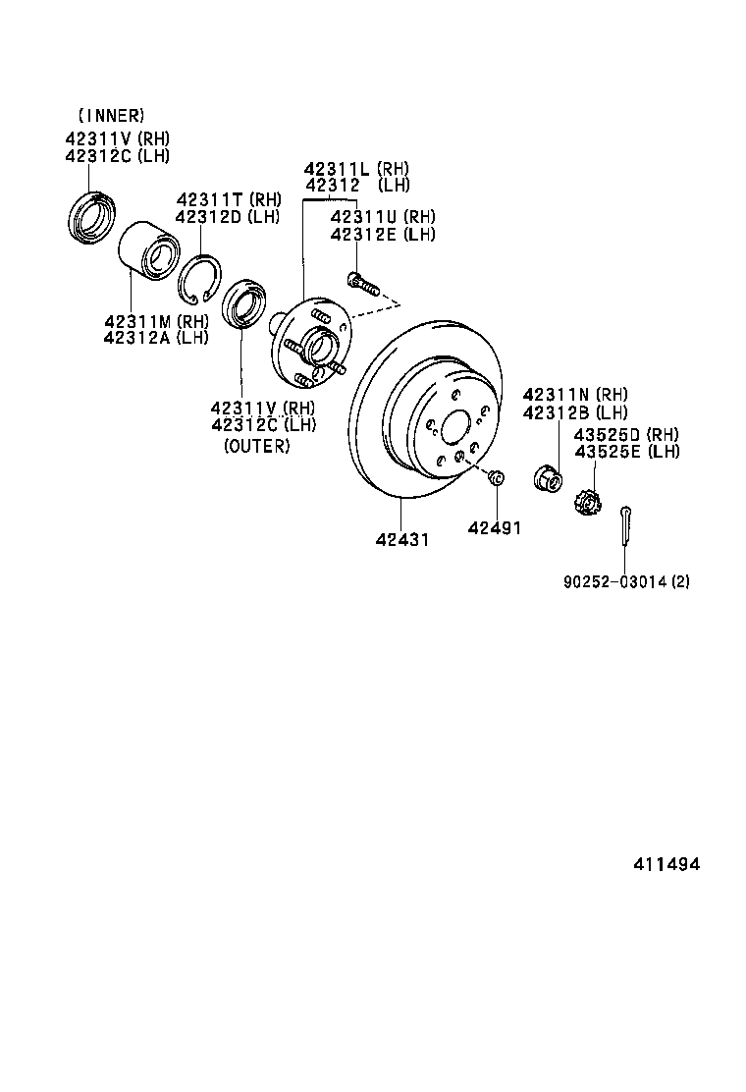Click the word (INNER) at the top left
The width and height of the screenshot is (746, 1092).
pyautogui.click(x=110, y=116)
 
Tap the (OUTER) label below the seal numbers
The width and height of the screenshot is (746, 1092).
pyautogui.click(x=257, y=446)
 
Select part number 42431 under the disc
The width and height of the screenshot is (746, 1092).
pyautogui.click(x=401, y=540)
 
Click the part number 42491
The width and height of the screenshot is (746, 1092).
pyautogui.click(x=494, y=528)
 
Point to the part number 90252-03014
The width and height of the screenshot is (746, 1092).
pyautogui.click(x=614, y=581)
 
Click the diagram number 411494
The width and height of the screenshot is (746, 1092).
pyautogui.click(x=666, y=864)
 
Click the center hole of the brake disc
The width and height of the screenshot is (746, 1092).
pyautogui.click(x=455, y=428)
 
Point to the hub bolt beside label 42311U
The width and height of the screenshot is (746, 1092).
pyautogui.click(x=362, y=285)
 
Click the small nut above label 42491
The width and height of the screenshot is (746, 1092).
pyautogui.click(x=496, y=478)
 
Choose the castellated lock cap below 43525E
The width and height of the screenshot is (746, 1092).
pyautogui.click(x=586, y=503)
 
